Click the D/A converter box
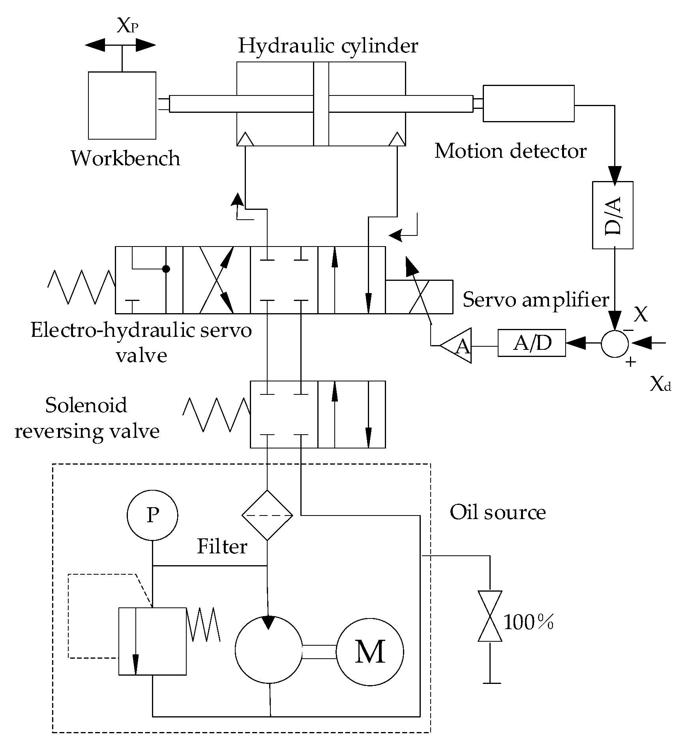[613, 215]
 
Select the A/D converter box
[531, 343]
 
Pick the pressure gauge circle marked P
[152, 515]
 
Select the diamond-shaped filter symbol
[267, 515]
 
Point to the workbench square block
[122, 105]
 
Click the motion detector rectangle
[529, 103]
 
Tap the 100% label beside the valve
[529, 623]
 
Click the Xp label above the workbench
[127, 26]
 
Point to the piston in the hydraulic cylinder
[321, 104]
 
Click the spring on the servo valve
[81, 287]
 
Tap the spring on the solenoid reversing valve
[216, 415]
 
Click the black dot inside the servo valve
[166, 269]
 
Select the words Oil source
[497, 512]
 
